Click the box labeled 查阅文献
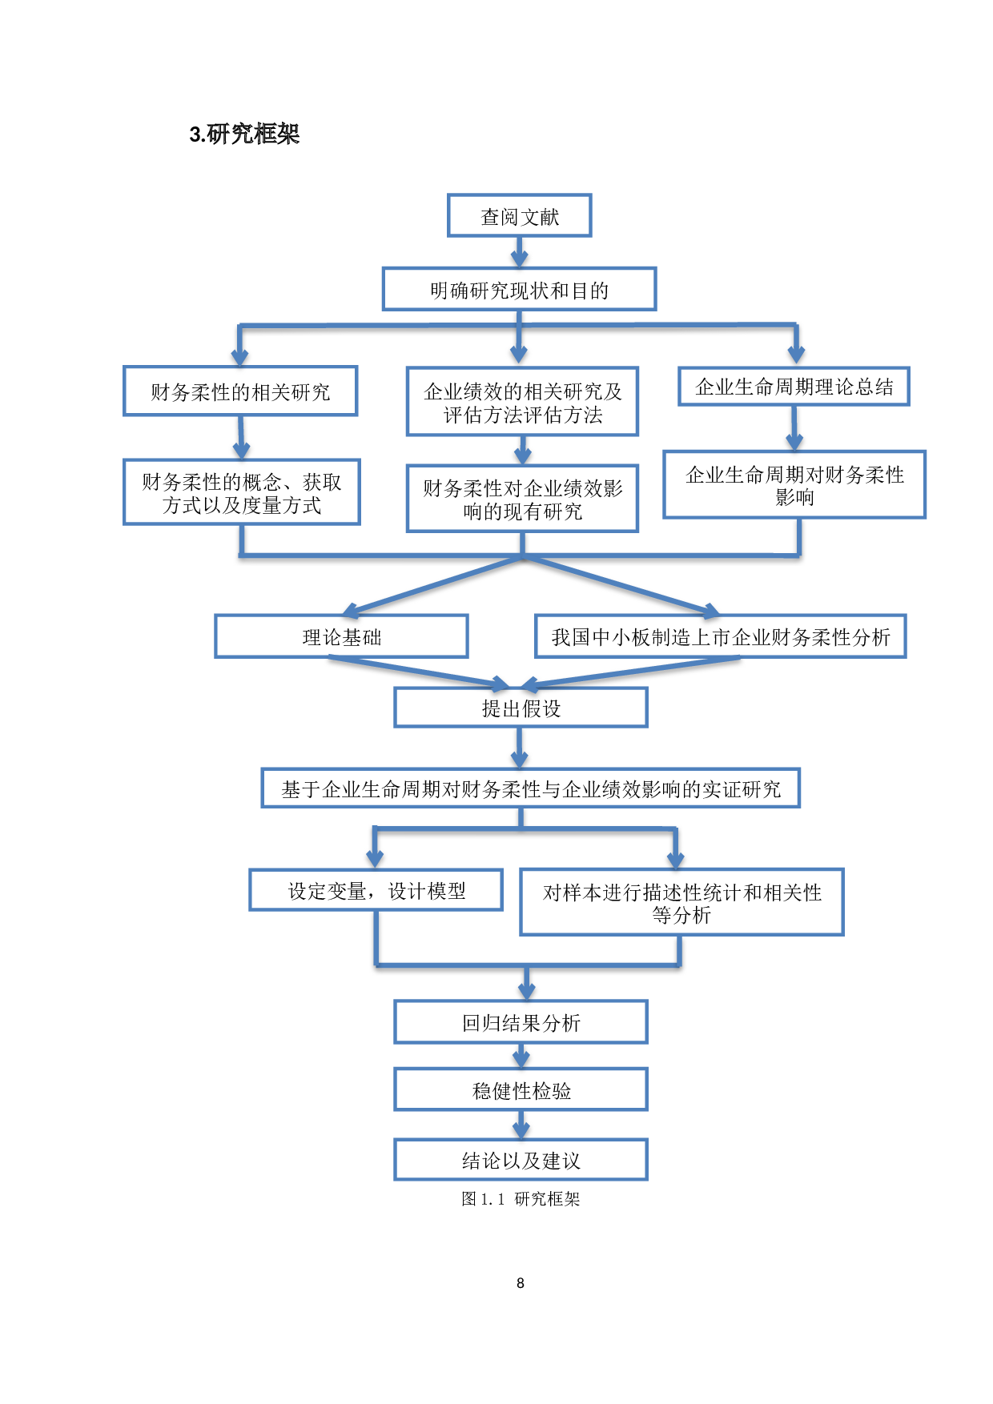point(519,216)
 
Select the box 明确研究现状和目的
point(519,289)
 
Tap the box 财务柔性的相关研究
point(240,391)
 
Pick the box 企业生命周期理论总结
point(794,387)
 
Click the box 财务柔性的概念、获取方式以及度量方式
point(241,492)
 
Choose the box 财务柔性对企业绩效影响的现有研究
point(522,499)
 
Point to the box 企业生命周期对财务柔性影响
point(794,485)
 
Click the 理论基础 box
point(341,636)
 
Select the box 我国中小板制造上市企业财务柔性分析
point(720,636)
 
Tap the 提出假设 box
point(521,708)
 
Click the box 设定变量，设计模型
point(376,890)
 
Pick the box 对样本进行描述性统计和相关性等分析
point(681,902)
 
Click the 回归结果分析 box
point(521,1022)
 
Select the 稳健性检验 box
point(521,1089)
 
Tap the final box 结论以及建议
point(521,1160)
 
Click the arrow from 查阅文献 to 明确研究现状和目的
point(519,252)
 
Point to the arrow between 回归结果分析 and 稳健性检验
point(521,1056)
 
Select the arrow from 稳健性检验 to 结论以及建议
point(521,1125)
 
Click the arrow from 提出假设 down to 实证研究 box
point(520,748)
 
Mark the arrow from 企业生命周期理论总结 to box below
point(794,428)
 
